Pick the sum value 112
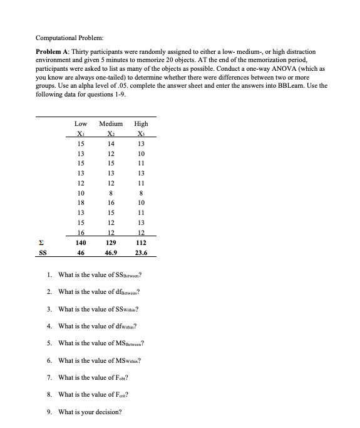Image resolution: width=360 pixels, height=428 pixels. coord(141,241)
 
